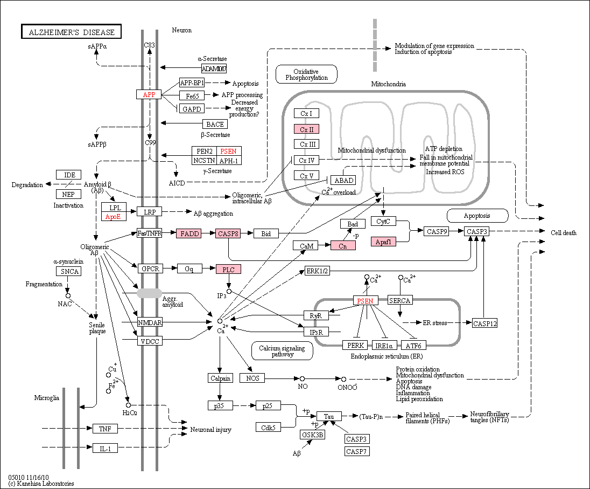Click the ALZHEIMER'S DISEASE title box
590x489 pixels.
tap(72, 32)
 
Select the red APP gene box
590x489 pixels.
tap(149, 94)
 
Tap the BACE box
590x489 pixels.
tap(215, 124)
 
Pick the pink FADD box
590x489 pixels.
tap(189, 233)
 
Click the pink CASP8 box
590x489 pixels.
tap(228, 233)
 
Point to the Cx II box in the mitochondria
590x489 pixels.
tap(307, 129)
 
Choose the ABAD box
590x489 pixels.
tap(343, 180)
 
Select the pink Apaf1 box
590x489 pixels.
tap(383, 242)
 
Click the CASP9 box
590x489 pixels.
tap(437, 231)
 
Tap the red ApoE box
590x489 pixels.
tap(114, 217)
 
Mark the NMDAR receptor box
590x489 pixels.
tap(150, 322)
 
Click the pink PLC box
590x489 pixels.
tap(228, 270)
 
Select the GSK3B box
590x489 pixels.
tap(312, 435)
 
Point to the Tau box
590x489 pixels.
tap(329, 416)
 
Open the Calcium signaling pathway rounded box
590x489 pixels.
tap(282, 351)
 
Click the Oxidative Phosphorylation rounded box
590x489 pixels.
tap(306, 74)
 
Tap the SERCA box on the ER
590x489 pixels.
tap(400, 300)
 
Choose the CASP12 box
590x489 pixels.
tap(484, 323)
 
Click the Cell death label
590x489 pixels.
tap(563, 233)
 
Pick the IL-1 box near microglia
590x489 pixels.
tap(105, 449)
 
